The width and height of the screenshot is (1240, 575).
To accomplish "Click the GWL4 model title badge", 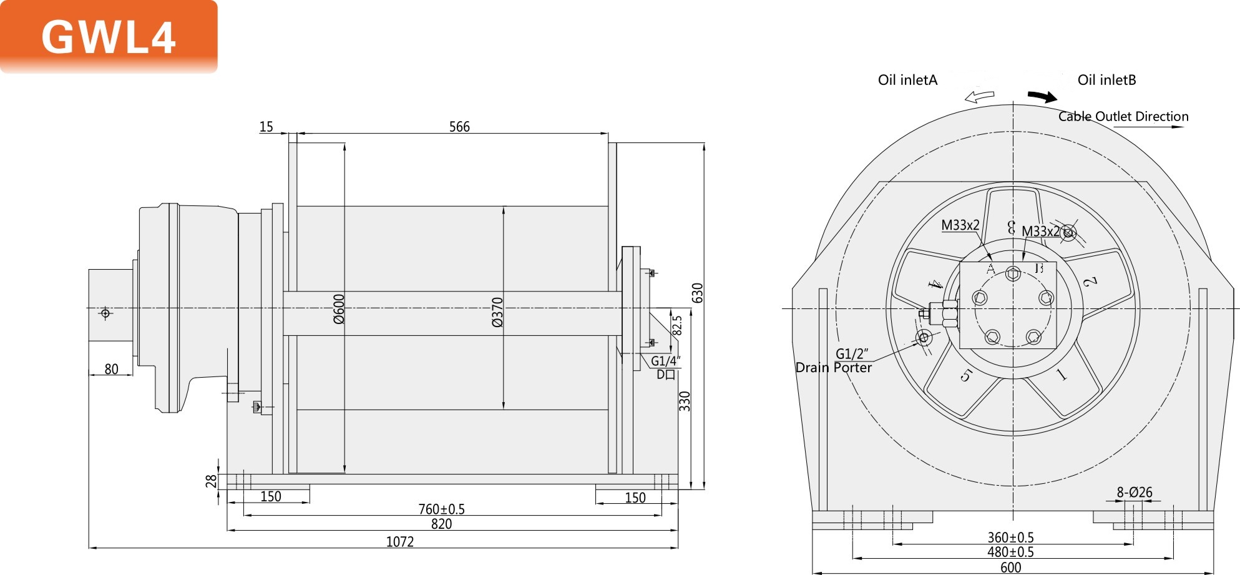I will pos(109,36).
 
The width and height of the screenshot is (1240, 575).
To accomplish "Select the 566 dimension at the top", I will pos(459,127).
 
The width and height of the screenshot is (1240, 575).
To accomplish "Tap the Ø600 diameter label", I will pos(339,309).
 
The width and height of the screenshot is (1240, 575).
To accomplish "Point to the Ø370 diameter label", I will pos(497,312).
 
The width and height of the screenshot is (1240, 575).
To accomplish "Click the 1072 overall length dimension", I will pos(399,541).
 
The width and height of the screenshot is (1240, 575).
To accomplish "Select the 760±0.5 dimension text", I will pos(441,509).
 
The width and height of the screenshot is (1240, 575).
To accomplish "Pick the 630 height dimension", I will pos(698,293).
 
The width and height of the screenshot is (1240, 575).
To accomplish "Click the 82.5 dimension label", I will pos(678,325).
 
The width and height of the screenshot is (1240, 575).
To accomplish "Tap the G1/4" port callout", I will pos(665,361).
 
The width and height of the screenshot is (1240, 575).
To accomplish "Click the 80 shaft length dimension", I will pos(111,369).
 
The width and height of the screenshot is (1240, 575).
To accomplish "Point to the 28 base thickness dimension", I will pos(211,481).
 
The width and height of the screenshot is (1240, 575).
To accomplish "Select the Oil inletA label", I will pos(907,80).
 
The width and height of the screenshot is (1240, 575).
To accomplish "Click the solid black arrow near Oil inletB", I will pos(1042,96).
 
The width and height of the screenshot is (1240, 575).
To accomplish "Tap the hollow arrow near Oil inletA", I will pos(979,96).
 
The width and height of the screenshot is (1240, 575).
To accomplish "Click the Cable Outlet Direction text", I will pos(1123,116).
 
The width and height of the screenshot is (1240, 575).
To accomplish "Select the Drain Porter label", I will pos(833,368).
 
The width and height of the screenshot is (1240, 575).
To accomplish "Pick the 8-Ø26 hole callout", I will pos(1135,492).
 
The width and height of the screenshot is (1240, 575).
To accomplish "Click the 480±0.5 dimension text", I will pos(1010,552).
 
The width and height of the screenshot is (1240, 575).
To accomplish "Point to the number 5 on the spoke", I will pos(966,375).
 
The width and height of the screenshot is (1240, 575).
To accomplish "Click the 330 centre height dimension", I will pos(685,401).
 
